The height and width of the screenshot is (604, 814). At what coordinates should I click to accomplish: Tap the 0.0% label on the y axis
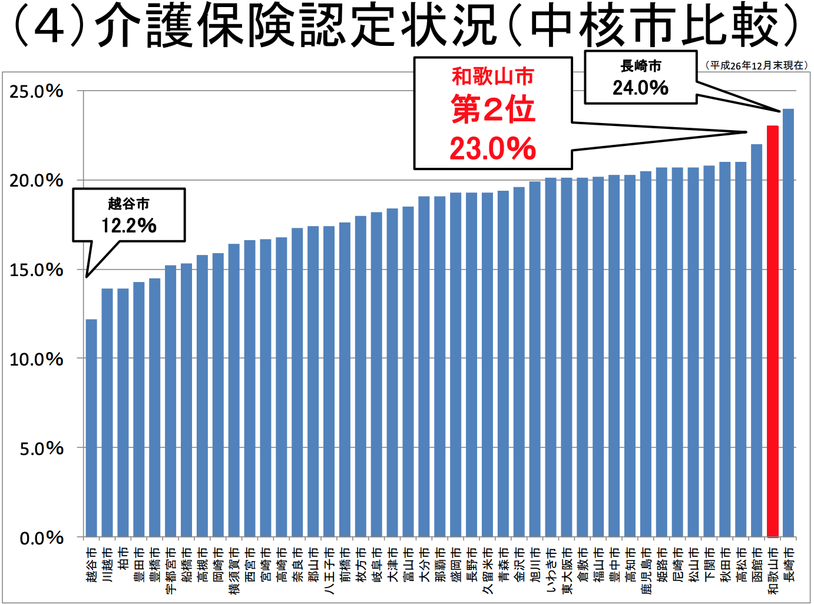point(41,538)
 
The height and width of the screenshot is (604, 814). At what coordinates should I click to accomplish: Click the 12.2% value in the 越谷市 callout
point(128,225)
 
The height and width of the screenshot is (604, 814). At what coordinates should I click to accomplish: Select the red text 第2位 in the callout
point(493,110)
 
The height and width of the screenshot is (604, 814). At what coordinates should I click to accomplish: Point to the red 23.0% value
point(493,148)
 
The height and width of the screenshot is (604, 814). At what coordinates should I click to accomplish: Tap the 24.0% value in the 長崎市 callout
point(640,88)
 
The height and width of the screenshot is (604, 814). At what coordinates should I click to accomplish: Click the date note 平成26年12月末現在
point(756,65)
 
